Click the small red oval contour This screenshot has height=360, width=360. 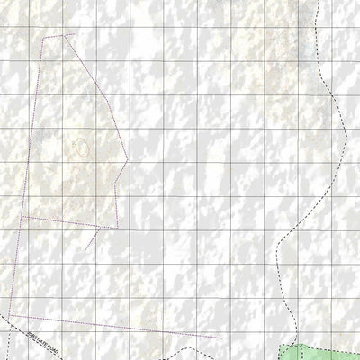(81, 146)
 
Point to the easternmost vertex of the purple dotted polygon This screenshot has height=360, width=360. (129, 163)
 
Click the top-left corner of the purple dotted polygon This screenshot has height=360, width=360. (42, 39)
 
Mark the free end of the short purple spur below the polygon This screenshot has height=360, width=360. (86, 249)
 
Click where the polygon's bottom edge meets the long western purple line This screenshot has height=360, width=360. (20, 216)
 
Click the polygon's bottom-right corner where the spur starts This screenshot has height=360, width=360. (114, 228)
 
